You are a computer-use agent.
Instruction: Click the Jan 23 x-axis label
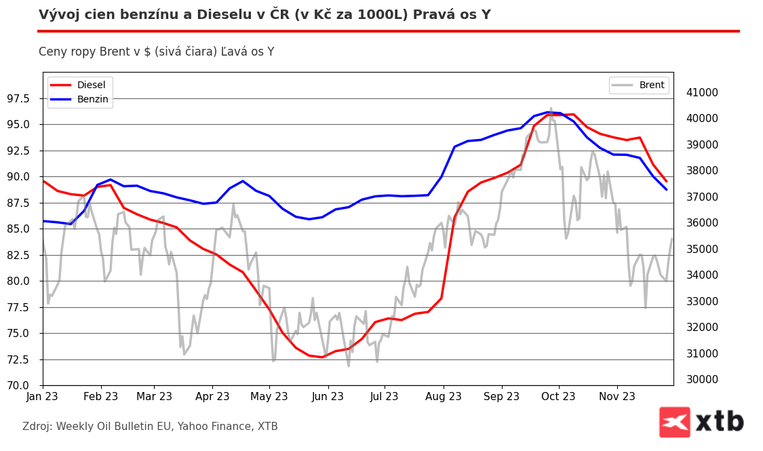[x=43, y=397]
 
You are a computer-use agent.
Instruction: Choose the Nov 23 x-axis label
[x=617, y=397]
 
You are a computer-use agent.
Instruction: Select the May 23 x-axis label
[x=269, y=397]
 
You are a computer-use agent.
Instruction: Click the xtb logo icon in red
[x=674, y=422]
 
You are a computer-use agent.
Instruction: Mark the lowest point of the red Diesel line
[x=322, y=357]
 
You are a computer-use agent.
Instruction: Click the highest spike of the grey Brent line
[x=551, y=109]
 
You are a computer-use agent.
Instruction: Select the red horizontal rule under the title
[x=388, y=31]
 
